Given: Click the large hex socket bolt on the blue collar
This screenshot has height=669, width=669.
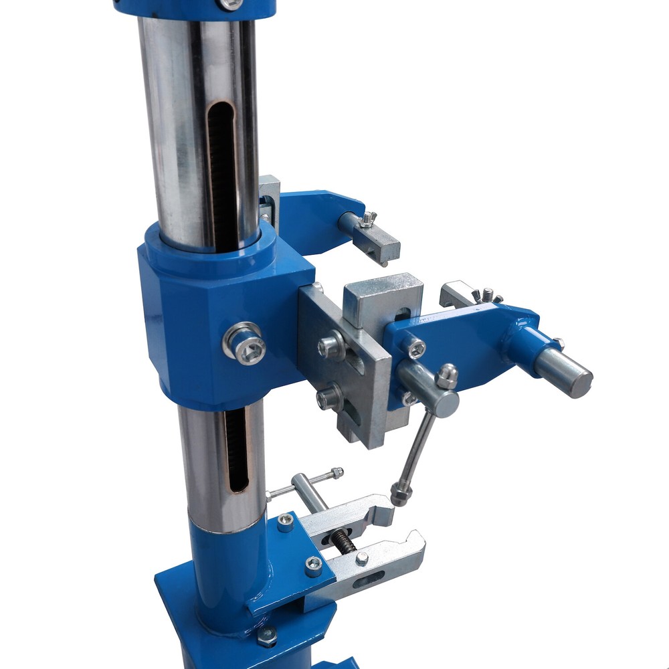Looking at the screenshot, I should [245, 344].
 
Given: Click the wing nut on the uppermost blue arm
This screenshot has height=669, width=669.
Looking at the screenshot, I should [367, 219].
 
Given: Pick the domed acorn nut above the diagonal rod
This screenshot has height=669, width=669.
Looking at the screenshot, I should [446, 377].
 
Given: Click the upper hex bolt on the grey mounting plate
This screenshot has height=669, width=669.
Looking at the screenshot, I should [331, 345].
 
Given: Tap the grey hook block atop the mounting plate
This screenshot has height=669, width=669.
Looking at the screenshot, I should [383, 298].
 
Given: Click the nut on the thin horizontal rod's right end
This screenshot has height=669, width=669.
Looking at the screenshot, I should [338, 473].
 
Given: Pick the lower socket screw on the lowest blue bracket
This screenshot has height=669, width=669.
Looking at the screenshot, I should [313, 566].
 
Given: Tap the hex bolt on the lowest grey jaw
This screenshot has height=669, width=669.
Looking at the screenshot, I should [362, 559].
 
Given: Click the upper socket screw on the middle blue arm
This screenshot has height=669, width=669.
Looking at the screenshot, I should [415, 347].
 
